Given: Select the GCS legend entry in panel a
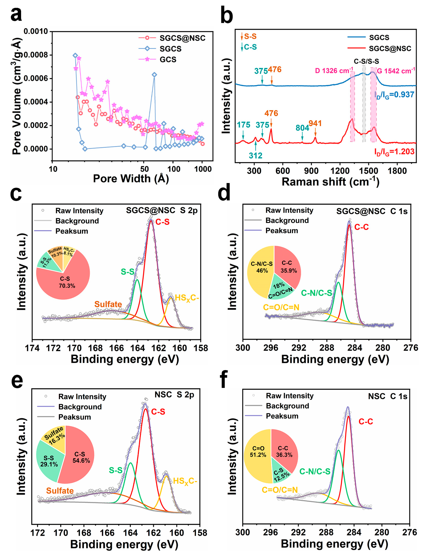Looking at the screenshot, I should tap(168, 60).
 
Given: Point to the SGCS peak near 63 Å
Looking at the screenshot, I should tap(154, 75).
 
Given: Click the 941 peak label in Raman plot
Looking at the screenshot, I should tap(315, 123).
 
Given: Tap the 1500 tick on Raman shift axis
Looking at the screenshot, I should tap(368, 171).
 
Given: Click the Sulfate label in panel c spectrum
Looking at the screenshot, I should tap(108, 304).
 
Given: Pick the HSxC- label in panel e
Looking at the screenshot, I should tap(185, 481).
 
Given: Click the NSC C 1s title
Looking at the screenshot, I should tap(388, 396).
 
